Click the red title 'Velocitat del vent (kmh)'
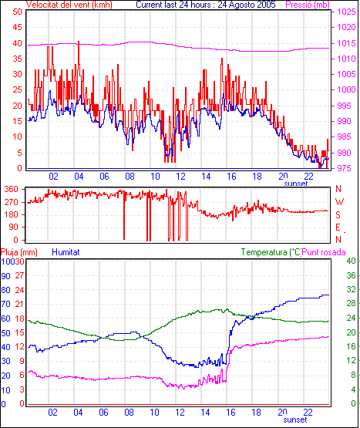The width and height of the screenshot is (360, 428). point(69,5)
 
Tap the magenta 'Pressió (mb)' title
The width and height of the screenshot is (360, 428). point(308,5)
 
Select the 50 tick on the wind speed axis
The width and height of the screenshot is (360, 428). point(17,12)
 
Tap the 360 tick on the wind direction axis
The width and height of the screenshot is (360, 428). point(12,189)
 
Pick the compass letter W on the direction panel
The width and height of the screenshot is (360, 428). point(339,202)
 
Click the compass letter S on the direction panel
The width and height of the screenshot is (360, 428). point(338,215)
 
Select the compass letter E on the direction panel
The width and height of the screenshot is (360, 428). point(338,227)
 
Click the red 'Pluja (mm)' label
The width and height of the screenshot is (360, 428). point(19,252)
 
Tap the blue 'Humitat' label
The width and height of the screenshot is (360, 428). point(66,252)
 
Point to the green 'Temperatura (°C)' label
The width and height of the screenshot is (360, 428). point(271,252)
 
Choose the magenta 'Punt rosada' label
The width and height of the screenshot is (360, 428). point(324,252)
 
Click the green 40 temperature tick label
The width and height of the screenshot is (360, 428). point(351,261)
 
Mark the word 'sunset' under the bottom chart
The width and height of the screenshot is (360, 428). point(295,420)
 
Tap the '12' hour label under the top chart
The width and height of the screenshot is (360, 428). point(180,177)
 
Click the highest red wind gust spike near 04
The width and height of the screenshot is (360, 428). point(79,42)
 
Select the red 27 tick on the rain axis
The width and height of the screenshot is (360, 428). point(19,275)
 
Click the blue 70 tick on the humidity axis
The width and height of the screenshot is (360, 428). point(5,304)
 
